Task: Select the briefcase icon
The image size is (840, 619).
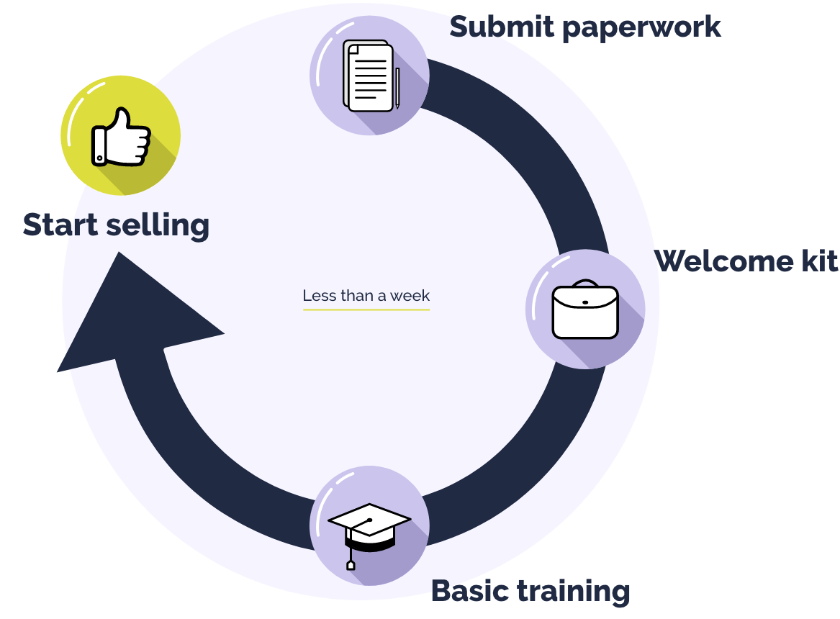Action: click(585, 311)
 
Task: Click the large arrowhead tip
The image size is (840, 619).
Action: click(119, 254)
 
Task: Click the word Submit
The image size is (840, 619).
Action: click(502, 27)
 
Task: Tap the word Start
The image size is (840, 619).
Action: click(58, 225)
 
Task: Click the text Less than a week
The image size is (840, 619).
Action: click(366, 295)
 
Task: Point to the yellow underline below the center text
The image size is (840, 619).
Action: click(366, 309)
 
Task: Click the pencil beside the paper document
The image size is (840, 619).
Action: click(397, 87)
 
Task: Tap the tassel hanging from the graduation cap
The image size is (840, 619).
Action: click(351, 561)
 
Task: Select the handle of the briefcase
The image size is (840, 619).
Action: click(585, 283)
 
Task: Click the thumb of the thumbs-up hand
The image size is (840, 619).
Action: click(123, 119)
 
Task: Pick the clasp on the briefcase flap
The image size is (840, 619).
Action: click(585, 302)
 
